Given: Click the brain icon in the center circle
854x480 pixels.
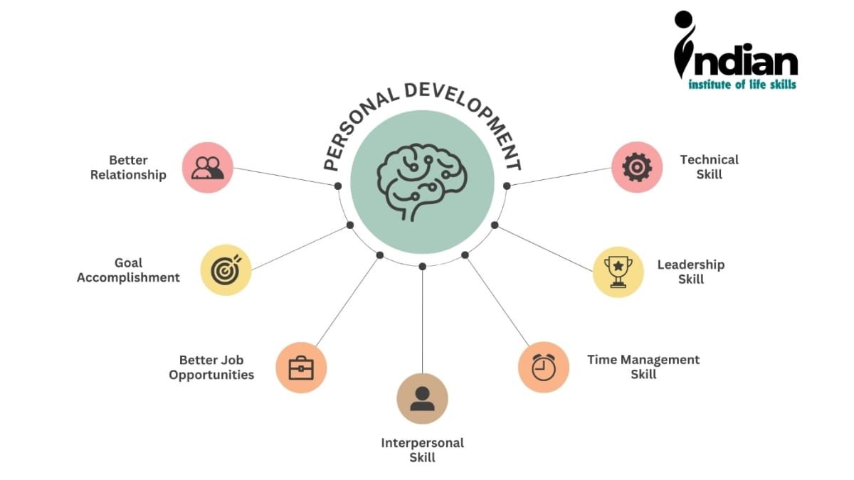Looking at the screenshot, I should click(x=422, y=181).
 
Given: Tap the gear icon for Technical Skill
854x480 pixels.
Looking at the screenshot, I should click(x=637, y=167).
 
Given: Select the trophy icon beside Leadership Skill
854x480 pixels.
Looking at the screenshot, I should click(x=618, y=272).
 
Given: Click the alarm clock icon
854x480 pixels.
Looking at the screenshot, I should click(x=543, y=367).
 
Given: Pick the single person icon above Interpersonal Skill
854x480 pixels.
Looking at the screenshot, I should click(x=422, y=398).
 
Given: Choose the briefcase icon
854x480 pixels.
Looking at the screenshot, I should click(x=300, y=368).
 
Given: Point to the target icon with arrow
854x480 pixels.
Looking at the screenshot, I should click(x=226, y=270).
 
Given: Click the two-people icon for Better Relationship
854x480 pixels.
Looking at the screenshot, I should click(x=208, y=168).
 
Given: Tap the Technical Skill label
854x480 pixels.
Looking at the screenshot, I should click(x=709, y=166).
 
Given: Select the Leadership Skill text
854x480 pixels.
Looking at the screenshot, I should click(x=690, y=272).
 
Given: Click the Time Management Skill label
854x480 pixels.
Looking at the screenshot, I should click(x=643, y=367).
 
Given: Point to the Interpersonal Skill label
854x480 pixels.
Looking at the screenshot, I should click(x=422, y=450).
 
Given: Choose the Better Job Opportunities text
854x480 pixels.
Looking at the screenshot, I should click(x=211, y=367).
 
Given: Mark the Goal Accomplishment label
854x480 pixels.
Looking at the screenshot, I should click(x=128, y=270).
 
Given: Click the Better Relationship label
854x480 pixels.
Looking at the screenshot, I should click(x=128, y=167).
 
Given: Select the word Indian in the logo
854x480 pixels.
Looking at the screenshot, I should click(x=740, y=63).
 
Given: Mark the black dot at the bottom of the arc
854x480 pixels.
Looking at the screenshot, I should click(x=422, y=266).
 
